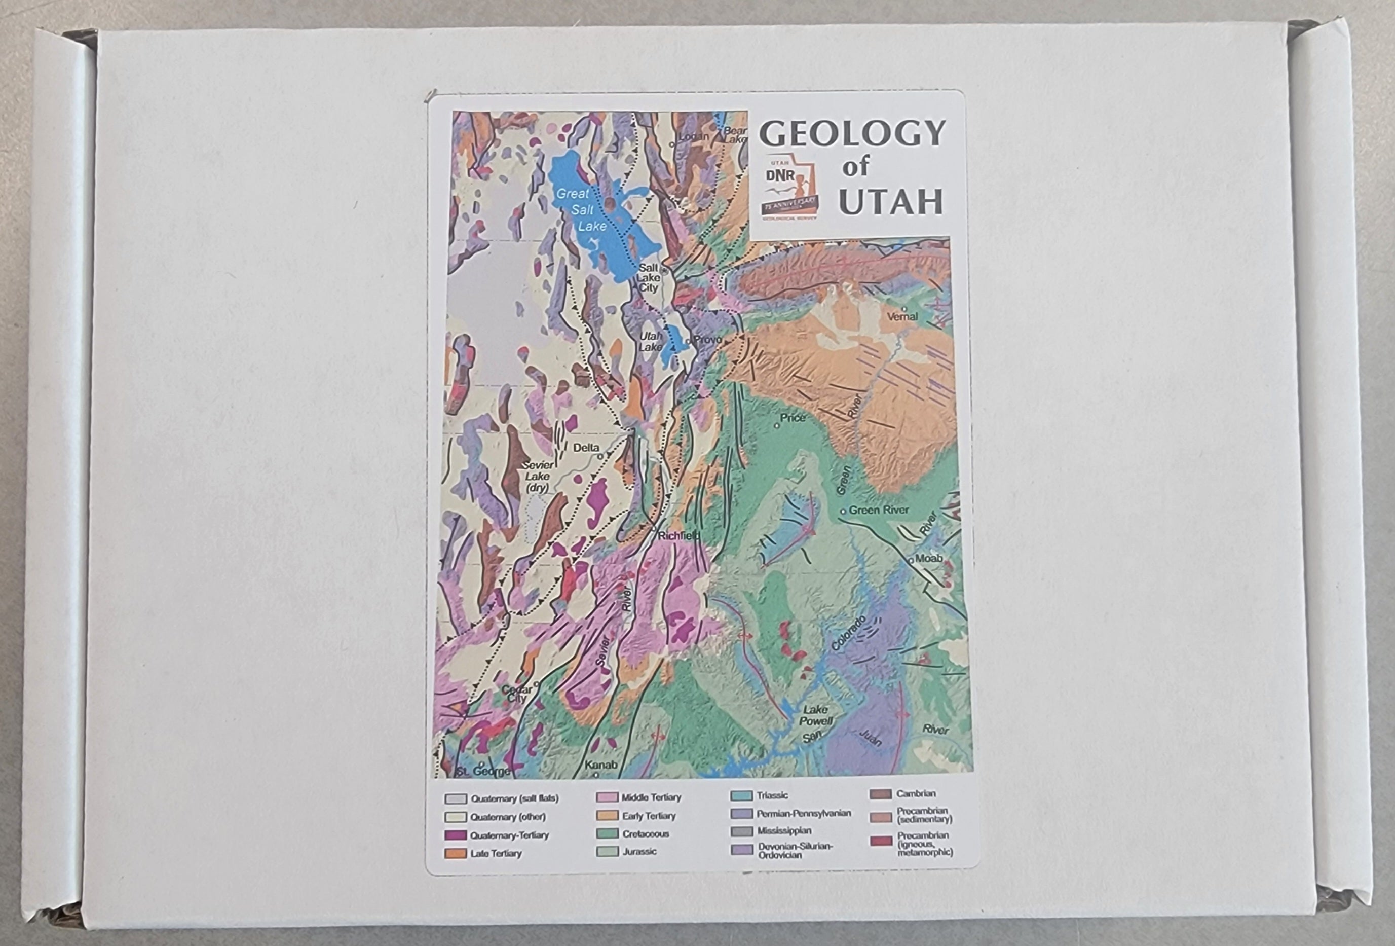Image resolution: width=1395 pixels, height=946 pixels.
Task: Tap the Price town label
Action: coord(793,417)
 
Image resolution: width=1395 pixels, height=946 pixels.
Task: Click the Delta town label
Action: coord(586,448)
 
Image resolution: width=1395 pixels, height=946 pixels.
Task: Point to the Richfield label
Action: coord(678,536)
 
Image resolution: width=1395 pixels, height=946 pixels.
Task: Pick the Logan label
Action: coord(693,137)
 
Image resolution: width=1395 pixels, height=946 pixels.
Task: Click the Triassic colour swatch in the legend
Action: coord(741,796)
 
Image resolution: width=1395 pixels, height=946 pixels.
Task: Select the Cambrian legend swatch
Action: coord(880,794)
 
